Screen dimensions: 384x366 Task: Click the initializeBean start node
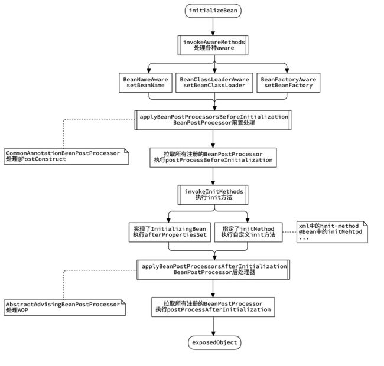coord(213,11)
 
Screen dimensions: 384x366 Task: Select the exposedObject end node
coord(214,342)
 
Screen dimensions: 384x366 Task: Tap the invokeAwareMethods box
coord(213,45)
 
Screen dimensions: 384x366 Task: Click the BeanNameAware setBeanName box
coord(145,83)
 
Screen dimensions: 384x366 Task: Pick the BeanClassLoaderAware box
coord(214,83)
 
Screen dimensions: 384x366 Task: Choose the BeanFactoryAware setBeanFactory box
coord(288,83)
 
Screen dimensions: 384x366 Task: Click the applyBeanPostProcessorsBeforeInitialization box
coord(213,120)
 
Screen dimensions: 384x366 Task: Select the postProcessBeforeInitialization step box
coord(213,157)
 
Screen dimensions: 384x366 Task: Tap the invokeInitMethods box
coord(213,195)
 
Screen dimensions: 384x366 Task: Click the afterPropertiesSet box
coord(170,232)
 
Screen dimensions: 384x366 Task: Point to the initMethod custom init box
coord(248,232)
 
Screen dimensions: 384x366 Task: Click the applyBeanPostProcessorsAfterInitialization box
coord(213,270)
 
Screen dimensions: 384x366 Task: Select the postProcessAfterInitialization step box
coord(213,307)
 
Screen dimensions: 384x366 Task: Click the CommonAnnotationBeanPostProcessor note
coord(66,156)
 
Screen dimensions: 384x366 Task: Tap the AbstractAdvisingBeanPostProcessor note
coord(64,308)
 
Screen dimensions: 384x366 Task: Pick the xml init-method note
coord(332,232)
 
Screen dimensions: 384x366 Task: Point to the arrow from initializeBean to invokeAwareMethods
coord(213,27)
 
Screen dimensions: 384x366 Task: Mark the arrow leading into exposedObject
coord(213,326)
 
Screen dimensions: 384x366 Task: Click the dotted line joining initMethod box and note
coord(289,232)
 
